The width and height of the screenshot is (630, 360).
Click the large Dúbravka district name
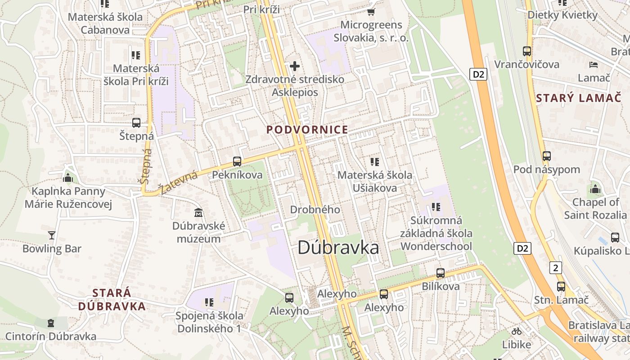click(x=338, y=248)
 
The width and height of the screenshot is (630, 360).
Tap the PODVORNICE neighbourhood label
click(x=307, y=130)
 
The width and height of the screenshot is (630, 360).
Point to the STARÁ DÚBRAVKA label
click(x=112, y=300)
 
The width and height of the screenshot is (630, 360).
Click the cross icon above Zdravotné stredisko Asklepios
click(x=295, y=67)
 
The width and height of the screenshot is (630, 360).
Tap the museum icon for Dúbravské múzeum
click(x=198, y=212)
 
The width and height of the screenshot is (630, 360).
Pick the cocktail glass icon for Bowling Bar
click(x=52, y=235)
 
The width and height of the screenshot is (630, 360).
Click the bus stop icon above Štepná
click(x=136, y=122)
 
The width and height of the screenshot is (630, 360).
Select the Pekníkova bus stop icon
click(x=237, y=161)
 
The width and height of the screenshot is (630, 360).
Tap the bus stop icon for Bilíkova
click(x=441, y=273)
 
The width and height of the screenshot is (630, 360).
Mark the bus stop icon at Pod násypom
click(x=547, y=156)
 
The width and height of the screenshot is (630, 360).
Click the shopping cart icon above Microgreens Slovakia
click(x=371, y=12)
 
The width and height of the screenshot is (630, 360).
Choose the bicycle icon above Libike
click(x=517, y=331)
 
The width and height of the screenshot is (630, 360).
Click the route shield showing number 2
click(x=556, y=268)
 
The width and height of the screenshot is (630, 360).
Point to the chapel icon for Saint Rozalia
click(x=595, y=189)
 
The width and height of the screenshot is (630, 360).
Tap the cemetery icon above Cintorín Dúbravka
click(x=51, y=323)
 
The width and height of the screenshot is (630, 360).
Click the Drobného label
click(x=315, y=210)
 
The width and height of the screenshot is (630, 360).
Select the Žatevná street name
click(x=178, y=183)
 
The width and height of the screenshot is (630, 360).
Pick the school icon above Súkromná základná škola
click(x=436, y=207)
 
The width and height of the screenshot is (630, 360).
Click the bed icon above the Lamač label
click(x=594, y=65)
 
